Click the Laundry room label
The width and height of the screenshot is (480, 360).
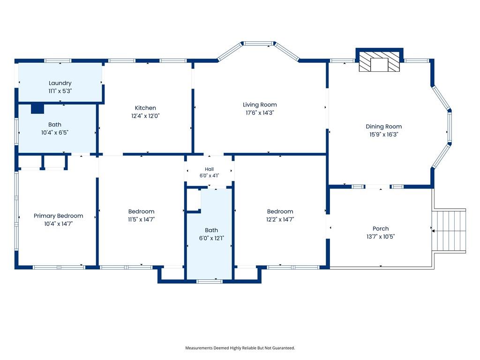click(x=60, y=83)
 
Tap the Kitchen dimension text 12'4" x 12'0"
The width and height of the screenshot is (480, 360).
click(x=145, y=116)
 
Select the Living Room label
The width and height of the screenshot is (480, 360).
click(x=260, y=105)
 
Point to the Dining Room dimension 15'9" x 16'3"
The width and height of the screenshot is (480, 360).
click(x=383, y=135)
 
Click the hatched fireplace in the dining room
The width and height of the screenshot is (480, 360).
click(x=379, y=61)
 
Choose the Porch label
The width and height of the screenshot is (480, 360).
click(x=381, y=228)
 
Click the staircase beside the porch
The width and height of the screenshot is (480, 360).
click(x=449, y=231)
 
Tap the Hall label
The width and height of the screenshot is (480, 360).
click(x=210, y=169)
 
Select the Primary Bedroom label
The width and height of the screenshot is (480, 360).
click(x=58, y=216)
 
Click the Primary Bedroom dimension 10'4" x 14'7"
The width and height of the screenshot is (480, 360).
click(x=58, y=224)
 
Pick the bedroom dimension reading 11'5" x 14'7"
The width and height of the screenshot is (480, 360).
click(x=142, y=219)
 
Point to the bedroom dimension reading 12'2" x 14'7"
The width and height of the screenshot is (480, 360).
click(x=280, y=219)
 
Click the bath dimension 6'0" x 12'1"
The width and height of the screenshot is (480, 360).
click(x=211, y=238)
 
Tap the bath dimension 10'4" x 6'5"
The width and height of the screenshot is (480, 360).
click(x=55, y=133)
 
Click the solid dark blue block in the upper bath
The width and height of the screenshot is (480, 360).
click(x=37, y=109)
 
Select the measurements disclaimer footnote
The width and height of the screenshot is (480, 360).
click(x=240, y=348)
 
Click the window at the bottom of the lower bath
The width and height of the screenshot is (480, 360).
click(x=210, y=281)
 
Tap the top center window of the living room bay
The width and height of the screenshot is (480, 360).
click(x=259, y=44)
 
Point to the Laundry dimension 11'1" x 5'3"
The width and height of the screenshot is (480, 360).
click(x=60, y=91)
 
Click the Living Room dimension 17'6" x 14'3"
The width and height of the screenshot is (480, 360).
click(x=260, y=112)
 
